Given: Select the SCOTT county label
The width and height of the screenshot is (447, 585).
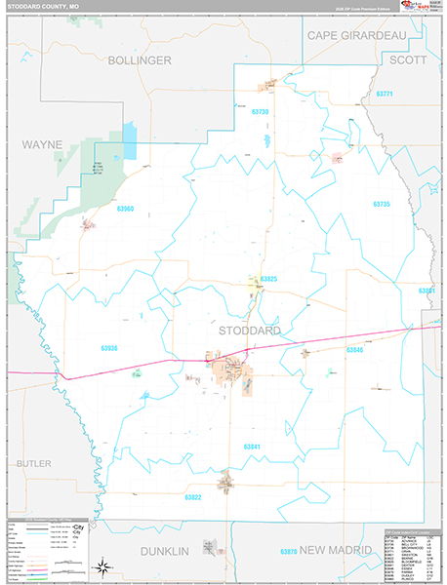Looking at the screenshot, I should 408,59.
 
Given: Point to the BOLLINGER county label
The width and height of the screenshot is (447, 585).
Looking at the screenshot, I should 140,60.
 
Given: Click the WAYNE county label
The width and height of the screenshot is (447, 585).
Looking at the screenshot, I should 42,144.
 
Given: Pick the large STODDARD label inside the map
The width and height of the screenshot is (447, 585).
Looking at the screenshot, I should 250,331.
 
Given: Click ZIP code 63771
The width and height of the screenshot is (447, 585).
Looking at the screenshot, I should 383,94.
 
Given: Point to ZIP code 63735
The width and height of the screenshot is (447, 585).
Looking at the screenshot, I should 381,204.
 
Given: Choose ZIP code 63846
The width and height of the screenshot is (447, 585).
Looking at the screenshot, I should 354,349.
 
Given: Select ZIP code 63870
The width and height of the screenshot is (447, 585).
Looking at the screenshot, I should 288,553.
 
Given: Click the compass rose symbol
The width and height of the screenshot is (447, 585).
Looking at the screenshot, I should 101,566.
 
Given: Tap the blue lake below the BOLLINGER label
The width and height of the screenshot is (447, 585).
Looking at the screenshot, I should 130,142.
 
